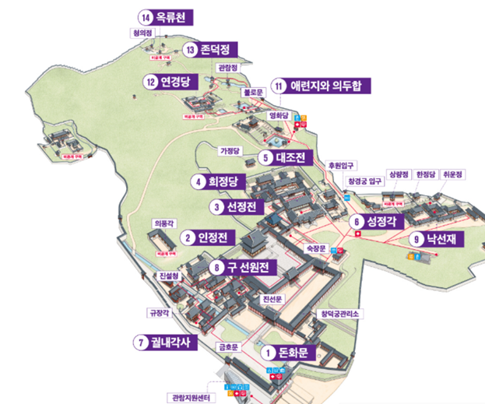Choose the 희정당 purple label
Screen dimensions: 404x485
point(220,182)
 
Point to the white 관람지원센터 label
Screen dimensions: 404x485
point(188,397)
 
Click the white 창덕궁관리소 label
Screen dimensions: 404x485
point(337,314)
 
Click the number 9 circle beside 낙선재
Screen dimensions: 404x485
point(417,239)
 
